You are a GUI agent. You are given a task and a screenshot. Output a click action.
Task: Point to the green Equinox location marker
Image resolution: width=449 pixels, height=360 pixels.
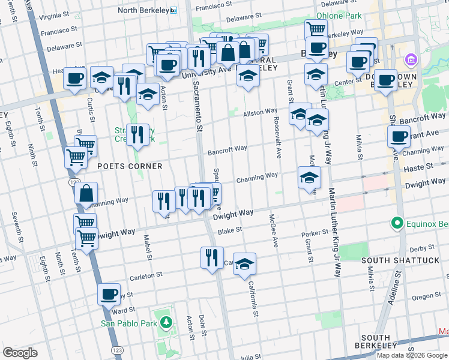[396, 224]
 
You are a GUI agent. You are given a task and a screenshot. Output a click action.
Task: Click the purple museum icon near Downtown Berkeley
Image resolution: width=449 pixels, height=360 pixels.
[411, 60]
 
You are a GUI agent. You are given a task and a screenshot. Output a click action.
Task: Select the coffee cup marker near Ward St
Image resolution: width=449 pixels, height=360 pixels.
[109, 295]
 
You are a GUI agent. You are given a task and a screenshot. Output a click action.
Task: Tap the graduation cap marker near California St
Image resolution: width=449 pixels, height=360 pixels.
[244, 264]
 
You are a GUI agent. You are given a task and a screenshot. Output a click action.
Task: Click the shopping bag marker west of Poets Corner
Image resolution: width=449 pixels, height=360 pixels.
[86, 193]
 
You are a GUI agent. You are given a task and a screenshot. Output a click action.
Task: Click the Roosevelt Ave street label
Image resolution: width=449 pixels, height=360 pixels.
[278, 143]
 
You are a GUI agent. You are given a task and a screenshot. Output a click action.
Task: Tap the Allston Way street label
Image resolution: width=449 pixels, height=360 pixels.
[260, 112]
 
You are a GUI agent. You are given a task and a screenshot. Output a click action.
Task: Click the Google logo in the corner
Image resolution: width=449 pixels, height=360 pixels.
[20, 353]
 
